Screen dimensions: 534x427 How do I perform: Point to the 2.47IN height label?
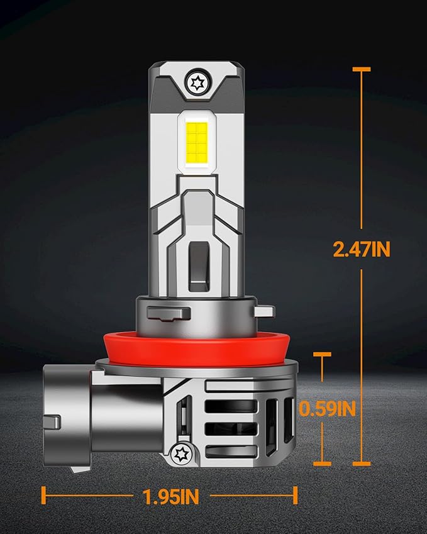click(361, 249)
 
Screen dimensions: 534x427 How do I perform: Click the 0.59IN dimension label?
click(328, 409)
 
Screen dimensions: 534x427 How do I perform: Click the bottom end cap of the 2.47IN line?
click(361, 464)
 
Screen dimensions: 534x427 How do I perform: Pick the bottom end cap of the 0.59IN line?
click(322, 464)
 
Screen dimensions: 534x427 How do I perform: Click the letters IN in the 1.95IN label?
click(188, 498)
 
